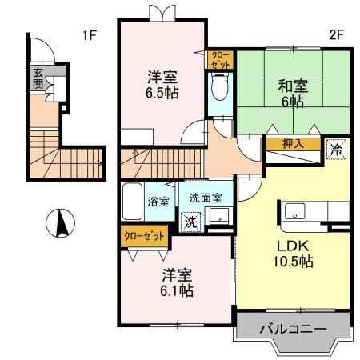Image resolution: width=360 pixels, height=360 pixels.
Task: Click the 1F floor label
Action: click(89, 35)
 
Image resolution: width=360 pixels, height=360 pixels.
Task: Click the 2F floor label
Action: click(336, 35)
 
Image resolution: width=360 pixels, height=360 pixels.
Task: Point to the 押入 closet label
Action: click(294, 145)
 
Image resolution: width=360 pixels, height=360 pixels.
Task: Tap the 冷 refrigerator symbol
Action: click(337, 148)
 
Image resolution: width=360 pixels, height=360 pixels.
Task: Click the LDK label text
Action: click(292, 245)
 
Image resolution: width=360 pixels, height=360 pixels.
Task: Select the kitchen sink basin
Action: click(294, 212)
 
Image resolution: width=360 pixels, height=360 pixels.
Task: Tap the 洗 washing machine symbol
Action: click(191, 221)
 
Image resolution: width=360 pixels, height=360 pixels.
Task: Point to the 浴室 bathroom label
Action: click(158, 202)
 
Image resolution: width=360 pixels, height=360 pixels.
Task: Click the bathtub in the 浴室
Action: click(133, 202)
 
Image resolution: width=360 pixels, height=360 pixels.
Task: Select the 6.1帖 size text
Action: click(176, 290)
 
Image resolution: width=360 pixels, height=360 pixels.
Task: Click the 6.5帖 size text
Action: click(162, 91)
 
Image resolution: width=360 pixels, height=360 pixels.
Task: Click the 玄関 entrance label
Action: click(37, 78)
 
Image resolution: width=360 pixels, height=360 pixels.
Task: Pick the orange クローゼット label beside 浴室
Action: click(145, 236)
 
